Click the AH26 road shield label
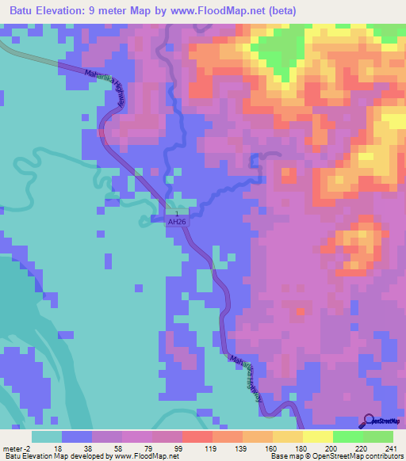click(177, 223)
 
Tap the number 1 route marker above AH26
click(177, 214)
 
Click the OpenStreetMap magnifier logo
click(368, 421)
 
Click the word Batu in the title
click(24, 12)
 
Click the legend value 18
click(56, 448)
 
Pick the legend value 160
click(271, 448)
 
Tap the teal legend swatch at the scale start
click(46, 436)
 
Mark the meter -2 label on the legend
click(16, 448)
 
